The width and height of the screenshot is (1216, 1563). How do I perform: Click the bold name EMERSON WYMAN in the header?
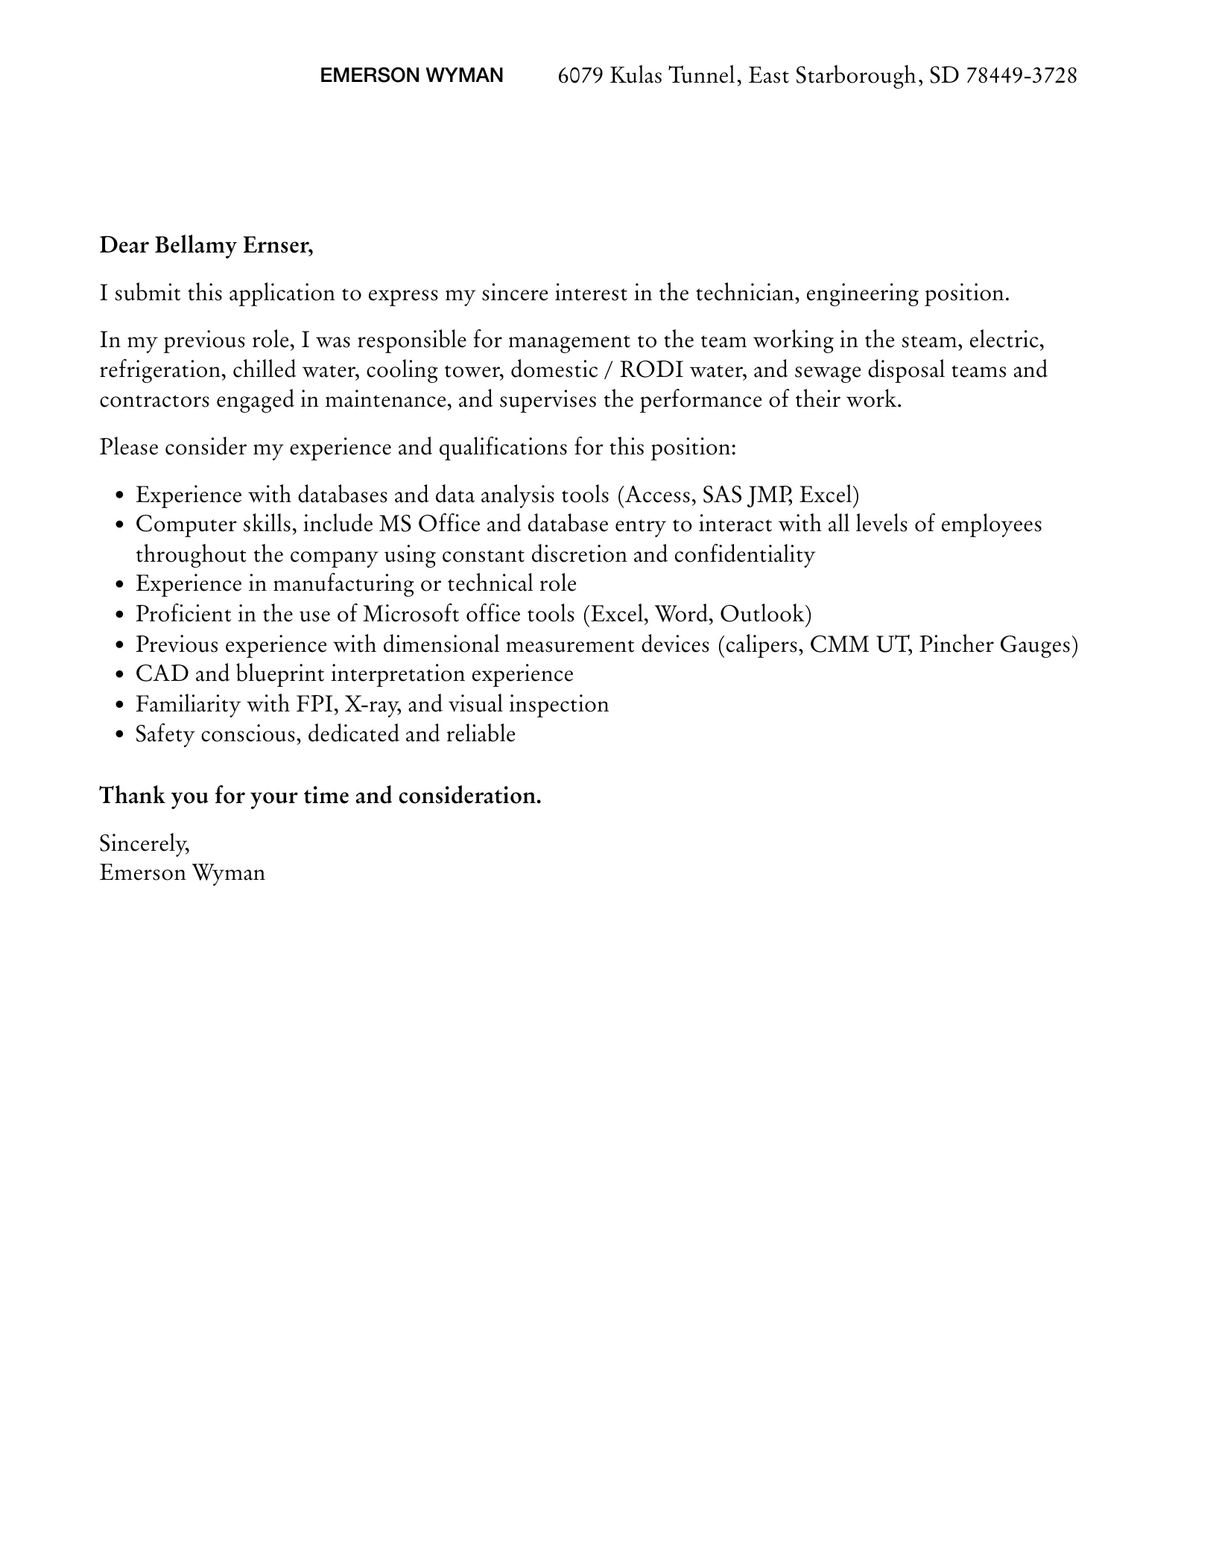click(411, 75)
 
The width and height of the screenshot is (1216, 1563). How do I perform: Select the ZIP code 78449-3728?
click(1021, 75)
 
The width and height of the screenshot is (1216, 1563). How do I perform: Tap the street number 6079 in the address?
click(580, 75)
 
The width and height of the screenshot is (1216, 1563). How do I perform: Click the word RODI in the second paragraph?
click(651, 370)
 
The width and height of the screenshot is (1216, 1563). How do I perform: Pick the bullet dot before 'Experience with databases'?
click(119, 496)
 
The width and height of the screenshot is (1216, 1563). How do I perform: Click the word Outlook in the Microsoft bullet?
click(765, 614)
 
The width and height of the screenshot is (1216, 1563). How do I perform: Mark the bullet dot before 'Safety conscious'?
click(119, 735)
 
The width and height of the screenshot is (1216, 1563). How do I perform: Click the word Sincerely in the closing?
click(145, 844)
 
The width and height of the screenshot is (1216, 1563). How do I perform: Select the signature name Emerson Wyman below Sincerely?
click(183, 873)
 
